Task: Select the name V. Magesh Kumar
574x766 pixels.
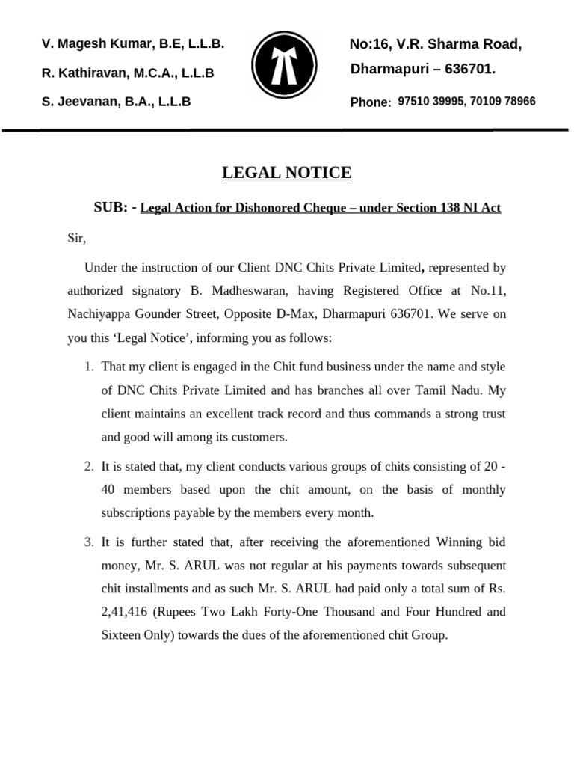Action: (x=93, y=44)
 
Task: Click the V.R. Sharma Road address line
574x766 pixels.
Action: (x=435, y=45)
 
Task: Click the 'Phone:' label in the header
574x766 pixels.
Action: (x=370, y=102)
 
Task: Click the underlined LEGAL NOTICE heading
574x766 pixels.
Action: (x=286, y=173)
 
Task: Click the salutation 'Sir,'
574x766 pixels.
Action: (x=77, y=239)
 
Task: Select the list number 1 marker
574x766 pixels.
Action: (x=88, y=367)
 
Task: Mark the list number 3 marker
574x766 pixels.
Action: (x=88, y=542)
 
